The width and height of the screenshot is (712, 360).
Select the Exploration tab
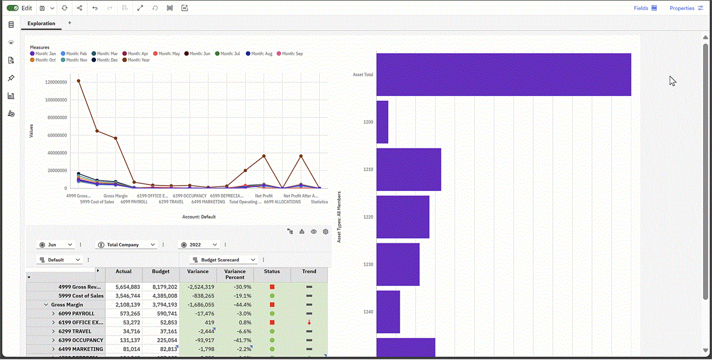[x=41, y=24]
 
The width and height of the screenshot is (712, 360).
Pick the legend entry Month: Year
[x=138, y=60]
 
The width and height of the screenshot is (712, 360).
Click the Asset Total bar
[x=503, y=75]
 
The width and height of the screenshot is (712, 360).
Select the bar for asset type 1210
[x=408, y=169]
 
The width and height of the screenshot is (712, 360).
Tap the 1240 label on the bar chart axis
[x=368, y=311]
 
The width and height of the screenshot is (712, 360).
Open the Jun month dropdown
[x=56, y=244]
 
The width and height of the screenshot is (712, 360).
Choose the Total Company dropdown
[x=127, y=244]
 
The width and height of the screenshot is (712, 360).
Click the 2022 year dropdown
[x=199, y=244]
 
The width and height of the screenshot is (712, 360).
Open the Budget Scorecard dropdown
[x=224, y=260]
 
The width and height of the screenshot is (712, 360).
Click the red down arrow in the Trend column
[x=309, y=322]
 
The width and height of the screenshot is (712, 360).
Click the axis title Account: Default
[x=199, y=216]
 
